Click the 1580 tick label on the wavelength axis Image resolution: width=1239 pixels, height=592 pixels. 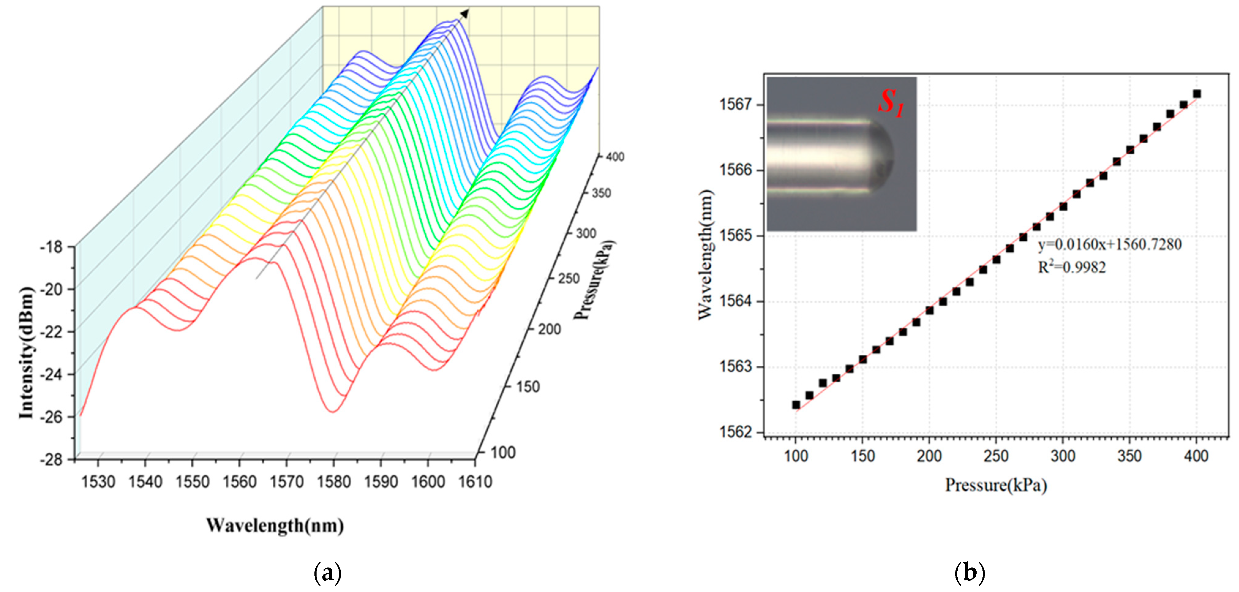[334, 482]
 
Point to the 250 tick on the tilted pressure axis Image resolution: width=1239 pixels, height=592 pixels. [569, 279]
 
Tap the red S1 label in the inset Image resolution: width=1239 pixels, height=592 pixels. [891, 103]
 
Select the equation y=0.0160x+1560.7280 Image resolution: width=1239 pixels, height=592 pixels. [1109, 245]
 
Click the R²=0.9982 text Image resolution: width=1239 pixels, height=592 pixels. [1072, 267]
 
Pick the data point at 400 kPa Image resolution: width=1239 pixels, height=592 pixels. [1197, 94]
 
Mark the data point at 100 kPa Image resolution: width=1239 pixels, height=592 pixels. [796, 405]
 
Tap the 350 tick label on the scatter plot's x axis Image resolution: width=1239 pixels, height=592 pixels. [1129, 456]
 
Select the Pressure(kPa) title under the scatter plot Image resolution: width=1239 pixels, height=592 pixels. [996, 485]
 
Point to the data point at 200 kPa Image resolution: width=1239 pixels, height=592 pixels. [929, 311]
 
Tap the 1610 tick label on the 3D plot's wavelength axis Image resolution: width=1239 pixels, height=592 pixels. [475, 482]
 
